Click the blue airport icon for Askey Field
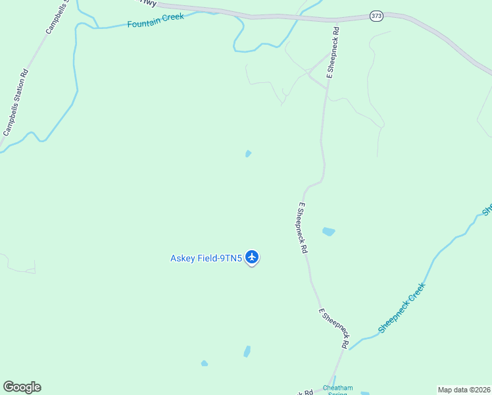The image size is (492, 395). click(252, 257)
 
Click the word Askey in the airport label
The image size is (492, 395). click(183, 258)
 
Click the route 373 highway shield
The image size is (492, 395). click(376, 16)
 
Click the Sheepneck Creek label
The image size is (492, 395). click(402, 307)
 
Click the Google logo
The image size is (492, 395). click(22, 387)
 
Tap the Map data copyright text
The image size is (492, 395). click(464, 390)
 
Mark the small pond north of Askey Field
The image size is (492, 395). click(248, 153)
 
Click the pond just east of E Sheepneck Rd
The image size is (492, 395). click(328, 231)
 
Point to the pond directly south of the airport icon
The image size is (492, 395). click(247, 352)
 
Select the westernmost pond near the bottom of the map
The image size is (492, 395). click(205, 363)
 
